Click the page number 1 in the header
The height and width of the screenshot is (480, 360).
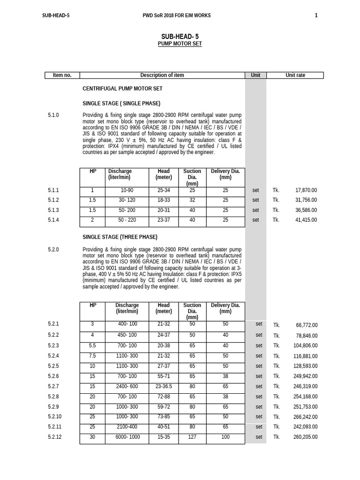coord(316,15)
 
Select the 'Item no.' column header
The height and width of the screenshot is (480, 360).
coord(62,75)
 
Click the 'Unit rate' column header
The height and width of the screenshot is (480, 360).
coord(295,75)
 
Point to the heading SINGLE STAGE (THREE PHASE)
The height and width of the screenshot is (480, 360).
coord(120,237)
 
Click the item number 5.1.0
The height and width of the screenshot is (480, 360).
coord(53,115)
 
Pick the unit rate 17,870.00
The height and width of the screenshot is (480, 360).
coord(306,190)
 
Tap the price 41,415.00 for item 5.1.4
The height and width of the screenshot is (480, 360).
coord(306,220)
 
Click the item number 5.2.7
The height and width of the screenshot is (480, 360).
coord(53,386)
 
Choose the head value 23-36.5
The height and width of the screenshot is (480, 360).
coord(164,386)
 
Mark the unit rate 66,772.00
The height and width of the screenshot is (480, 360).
coord(307,325)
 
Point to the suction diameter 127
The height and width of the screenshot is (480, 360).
coord(192,437)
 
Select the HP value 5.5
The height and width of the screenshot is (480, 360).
coord(92,345)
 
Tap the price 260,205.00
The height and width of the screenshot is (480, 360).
coord(305,437)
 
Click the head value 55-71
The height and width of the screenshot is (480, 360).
coord(164,376)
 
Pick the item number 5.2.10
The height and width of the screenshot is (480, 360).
coord(55,417)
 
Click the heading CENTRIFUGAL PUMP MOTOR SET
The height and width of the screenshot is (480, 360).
coord(122,88)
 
